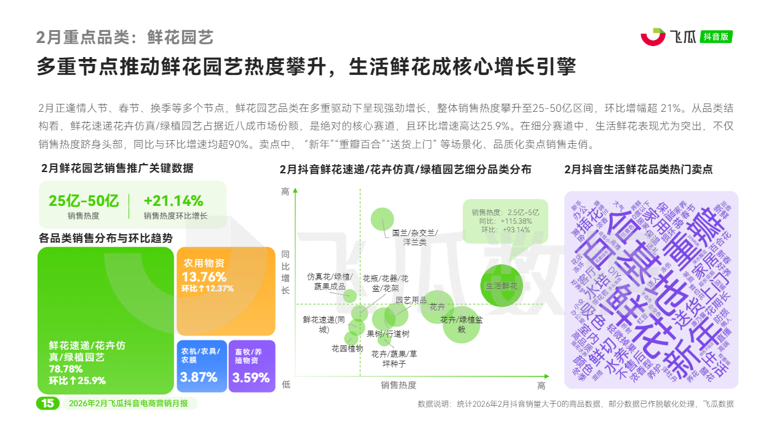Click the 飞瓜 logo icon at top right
tap(653, 36)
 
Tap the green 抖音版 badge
tap(717, 37)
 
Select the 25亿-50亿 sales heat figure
tap(84, 201)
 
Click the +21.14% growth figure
tap(173, 201)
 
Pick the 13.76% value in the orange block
tap(204, 277)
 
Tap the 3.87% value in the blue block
tap(199, 377)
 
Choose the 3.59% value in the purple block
tap(252, 377)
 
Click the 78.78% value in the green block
tap(66, 369)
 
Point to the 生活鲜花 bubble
tap(502, 286)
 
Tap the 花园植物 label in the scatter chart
tap(347, 348)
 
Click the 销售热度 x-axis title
tap(399, 385)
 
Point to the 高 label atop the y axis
tap(285, 192)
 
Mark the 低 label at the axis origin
tap(285, 385)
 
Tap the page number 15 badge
tap(47, 403)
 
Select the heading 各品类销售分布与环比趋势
tap(105, 238)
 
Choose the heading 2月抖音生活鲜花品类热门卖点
tap(638, 169)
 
